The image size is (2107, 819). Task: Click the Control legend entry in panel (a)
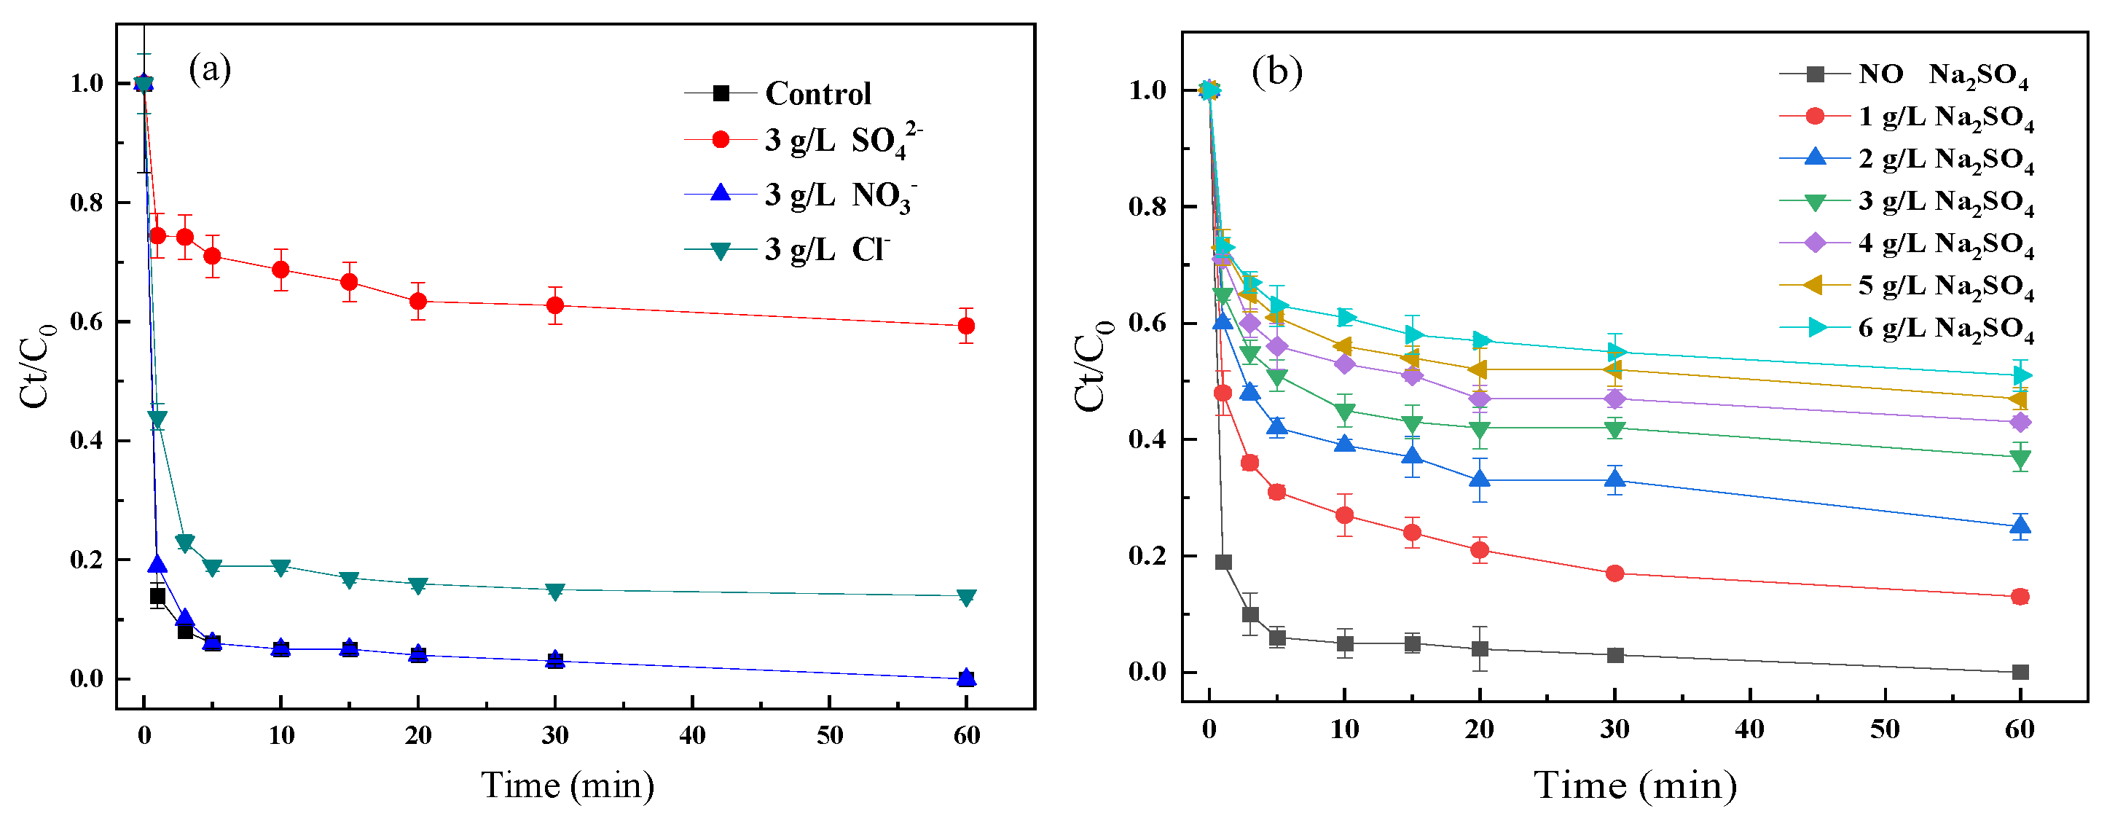[x=818, y=93]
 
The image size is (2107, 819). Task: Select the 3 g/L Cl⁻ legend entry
[x=826, y=248]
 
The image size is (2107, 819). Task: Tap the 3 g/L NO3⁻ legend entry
[x=839, y=195]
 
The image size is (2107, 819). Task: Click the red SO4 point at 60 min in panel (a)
[x=966, y=326]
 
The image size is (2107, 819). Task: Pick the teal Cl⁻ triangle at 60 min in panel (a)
[x=966, y=597]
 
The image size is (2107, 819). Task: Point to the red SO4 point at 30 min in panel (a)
[x=555, y=305]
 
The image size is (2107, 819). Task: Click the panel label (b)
[x=1276, y=73]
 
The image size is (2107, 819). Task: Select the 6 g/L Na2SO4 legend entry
[x=1945, y=328]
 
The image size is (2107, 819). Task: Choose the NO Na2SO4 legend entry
[x=1942, y=74]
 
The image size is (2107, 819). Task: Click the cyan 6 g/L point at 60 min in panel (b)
[x=2020, y=375]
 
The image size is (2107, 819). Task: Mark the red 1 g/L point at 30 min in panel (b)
[x=1614, y=573]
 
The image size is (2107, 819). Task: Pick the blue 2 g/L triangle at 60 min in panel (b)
[x=2020, y=526]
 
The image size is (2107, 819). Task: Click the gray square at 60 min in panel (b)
[x=2020, y=672]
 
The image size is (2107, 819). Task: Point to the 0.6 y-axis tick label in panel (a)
[x=87, y=321]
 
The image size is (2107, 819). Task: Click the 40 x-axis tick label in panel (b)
[x=1749, y=728]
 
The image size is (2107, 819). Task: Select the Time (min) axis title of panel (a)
[x=568, y=785]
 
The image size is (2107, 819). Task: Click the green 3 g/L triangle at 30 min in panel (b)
[x=1614, y=428]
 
